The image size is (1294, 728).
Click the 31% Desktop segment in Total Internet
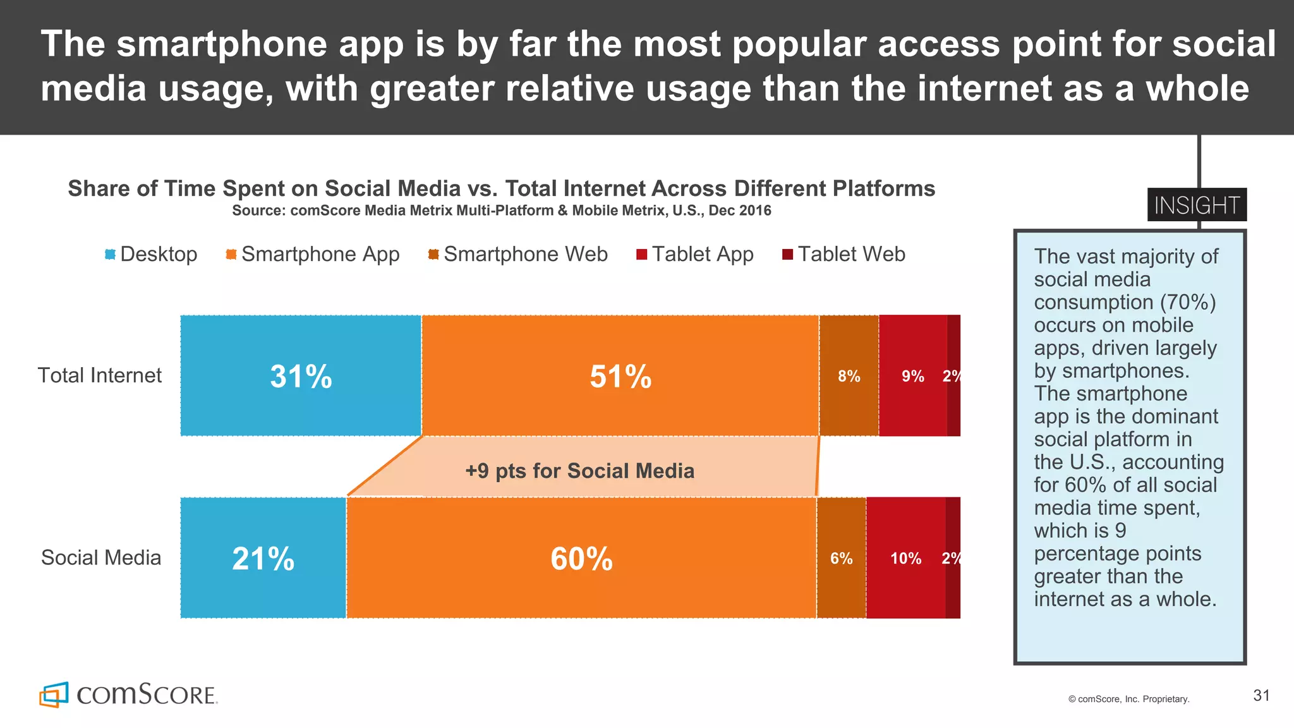(301, 376)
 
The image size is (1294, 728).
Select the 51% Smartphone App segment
(620, 376)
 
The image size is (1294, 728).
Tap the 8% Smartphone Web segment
(849, 376)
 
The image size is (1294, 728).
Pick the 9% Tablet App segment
(912, 376)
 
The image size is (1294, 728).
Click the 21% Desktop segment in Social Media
(263, 558)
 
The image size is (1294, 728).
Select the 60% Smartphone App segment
(581, 558)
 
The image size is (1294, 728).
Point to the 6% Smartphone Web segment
(841, 558)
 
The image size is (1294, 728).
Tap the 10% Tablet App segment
(905, 558)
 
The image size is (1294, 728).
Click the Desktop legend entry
(152, 254)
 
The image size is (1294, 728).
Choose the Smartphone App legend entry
(313, 254)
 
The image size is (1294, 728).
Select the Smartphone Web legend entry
(518, 254)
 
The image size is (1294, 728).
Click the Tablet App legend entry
(695, 254)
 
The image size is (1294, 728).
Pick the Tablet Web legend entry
(844, 254)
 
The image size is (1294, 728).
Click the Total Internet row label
(100, 375)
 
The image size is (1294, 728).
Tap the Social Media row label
(101, 557)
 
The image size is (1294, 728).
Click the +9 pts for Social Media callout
(579, 471)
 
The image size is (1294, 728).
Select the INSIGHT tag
(1197, 205)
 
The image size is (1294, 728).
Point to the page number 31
(1261, 696)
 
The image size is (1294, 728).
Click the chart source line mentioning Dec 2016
(501, 210)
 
